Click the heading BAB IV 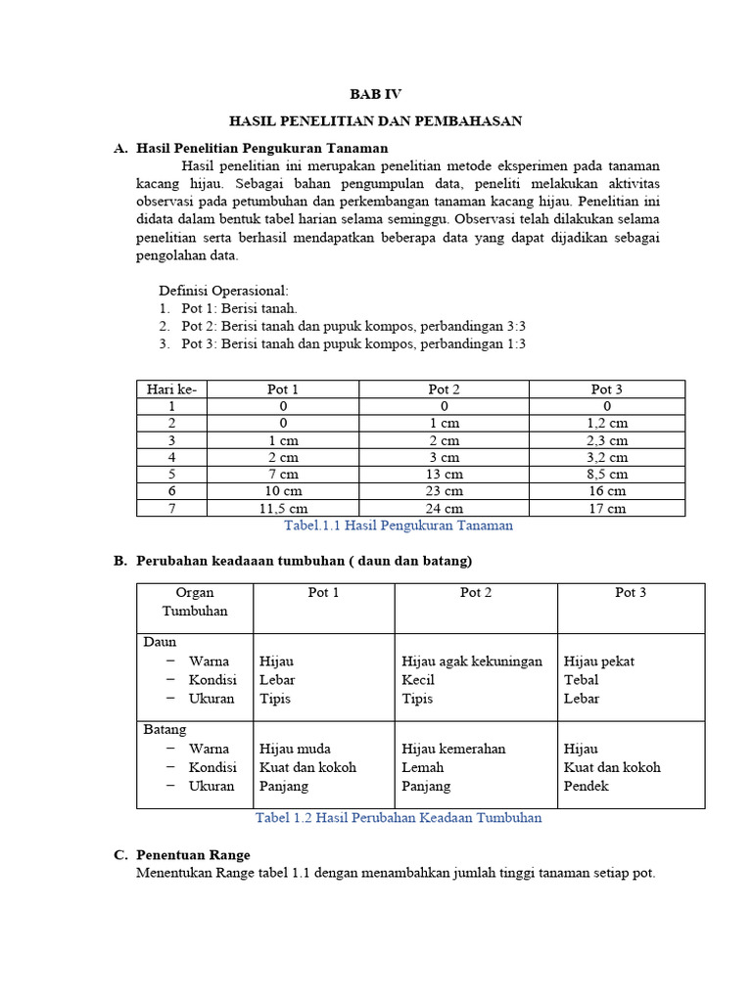tap(376, 94)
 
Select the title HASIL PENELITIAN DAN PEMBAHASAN tap(376, 120)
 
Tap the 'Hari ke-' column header tap(171, 389)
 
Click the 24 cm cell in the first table tap(444, 508)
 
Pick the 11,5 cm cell tap(283, 508)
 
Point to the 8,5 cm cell tap(607, 474)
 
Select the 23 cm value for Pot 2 tap(444, 490)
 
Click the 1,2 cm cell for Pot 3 tap(607, 423)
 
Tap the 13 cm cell tap(444, 474)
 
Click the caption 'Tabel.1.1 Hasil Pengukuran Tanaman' tap(398, 525)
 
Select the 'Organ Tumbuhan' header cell tap(195, 602)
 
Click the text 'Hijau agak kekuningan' tap(472, 661)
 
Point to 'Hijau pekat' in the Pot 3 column tap(599, 661)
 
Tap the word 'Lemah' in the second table tap(423, 767)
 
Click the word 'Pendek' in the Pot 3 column tap(586, 786)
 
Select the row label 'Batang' tap(165, 730)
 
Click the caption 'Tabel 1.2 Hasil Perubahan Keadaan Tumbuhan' tap(398, 818)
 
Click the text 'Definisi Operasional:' tap(224, 291)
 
